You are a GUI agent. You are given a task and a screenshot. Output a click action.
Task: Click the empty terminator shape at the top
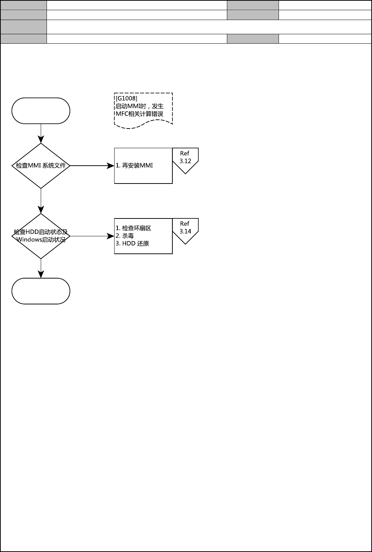pos(41,111)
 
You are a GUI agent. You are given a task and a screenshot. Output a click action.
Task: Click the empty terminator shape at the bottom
pos(41,291)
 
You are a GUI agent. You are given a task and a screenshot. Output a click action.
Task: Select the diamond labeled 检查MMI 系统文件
pos(41,166)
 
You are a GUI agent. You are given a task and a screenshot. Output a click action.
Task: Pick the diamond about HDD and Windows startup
pos(41,236)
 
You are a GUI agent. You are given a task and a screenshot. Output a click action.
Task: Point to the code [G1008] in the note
pos(126,98)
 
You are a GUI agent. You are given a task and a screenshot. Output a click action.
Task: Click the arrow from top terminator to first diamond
pos(41,133)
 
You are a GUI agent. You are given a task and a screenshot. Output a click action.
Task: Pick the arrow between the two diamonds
pos(41,201)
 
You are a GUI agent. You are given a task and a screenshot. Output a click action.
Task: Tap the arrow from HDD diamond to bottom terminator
pos(41,268)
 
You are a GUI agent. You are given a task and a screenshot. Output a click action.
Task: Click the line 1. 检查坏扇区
pos(133,228)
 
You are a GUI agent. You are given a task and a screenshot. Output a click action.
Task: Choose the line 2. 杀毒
pos(125,236)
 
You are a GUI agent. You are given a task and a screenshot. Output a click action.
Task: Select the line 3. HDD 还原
pos(132,244)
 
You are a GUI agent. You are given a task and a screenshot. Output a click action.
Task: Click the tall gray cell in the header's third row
pos(24,27)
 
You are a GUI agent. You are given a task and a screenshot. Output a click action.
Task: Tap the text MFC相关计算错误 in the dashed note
pos(139,114)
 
